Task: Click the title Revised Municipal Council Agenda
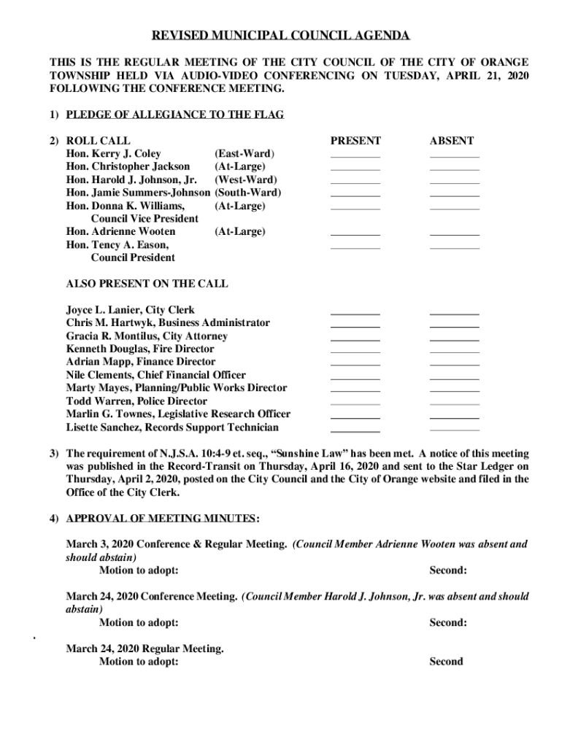point(281,36)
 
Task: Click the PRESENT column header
point(355,141)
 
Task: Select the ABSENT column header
point(451,141)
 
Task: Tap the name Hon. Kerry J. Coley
point(113,154)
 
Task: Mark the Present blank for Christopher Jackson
point(355,169)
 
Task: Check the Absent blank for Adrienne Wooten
point(454,233)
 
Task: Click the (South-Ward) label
point(247,193)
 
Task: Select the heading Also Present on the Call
point(147,284)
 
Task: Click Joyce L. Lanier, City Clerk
point(130,310)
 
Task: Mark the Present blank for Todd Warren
point(355,403)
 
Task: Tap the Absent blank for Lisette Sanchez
point(454,429)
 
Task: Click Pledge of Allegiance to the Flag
point(174,115)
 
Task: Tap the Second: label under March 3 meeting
point(447,570)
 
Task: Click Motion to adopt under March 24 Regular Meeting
point(139,662)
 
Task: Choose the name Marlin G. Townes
point(107,414)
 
